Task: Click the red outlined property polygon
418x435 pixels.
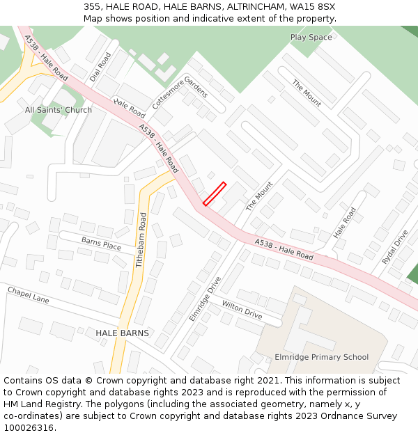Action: click(x=215, y=193)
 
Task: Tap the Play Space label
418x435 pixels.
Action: click(x=311, y=37)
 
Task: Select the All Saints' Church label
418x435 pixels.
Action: click(x=59, y=110)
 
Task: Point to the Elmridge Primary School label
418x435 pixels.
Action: click(x=321, y=357)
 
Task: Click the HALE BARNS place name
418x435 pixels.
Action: click(x=122, y=333)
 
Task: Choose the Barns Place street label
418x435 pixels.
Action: click(x=101, y=244)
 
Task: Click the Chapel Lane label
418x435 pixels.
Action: click(x=29, y=294)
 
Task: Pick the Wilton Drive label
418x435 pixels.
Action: click(x=242, y=310)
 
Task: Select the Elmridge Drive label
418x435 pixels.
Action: click(x=205, y=299)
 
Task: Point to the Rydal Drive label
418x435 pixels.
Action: click(x=394, y=247)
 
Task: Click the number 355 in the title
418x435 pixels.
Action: click(x=91, y=6)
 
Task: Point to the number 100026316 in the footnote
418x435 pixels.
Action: click(x=27, y=428)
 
